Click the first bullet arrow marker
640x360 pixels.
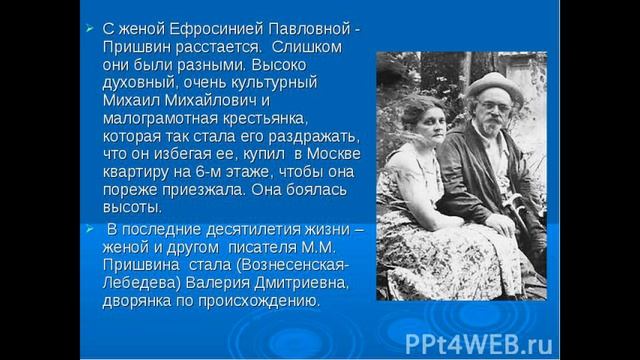point(88,27)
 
